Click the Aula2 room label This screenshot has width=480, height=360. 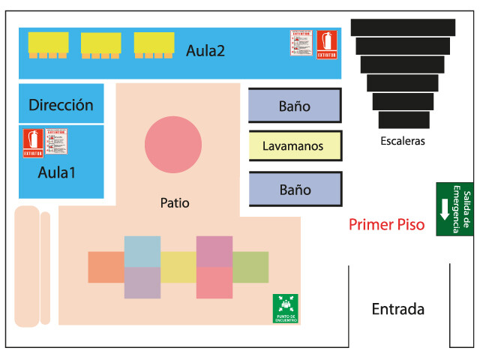click(x=205, y=51)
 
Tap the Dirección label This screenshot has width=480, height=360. click(x=61, y=105)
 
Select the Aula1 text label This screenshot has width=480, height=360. click(x=57, y=172)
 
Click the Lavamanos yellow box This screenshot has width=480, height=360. click(x=295, y=145)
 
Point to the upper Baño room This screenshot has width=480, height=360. click(x=295, y=106)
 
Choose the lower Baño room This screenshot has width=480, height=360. click(x=295, y=190)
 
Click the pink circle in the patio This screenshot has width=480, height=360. click(x=173, y=145)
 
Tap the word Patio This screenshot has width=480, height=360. click(x=175, y=202)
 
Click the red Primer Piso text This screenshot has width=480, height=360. click(x=387, y=224)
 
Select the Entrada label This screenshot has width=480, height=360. click(x=398, y=309)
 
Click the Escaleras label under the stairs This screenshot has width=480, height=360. click(x=403, y=141)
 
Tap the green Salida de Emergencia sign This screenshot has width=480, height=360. click(x=454, y=209)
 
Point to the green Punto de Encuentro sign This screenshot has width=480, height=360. click(x=285, y=308)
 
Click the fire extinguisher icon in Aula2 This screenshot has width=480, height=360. click(x=326, y=44)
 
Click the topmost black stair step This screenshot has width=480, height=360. click(x=403, y=27)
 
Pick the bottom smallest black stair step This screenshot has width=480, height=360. click(x=403, y=120)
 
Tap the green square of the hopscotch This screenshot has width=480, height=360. click(x=250, y=267)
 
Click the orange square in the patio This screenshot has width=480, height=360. click(x=106, y=267)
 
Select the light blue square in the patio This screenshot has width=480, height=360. click(x=142, y=250)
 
